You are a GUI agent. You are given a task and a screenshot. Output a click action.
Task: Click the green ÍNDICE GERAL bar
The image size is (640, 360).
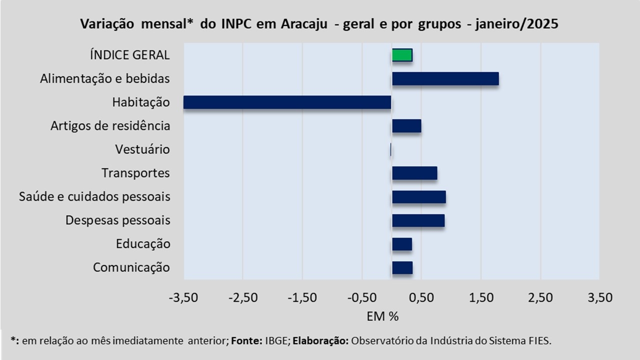tap(402, 55)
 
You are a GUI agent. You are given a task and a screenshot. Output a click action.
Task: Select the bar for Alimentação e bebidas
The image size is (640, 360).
tap(445, 78)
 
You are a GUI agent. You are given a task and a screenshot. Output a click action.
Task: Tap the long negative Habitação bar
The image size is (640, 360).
tap(287, 102)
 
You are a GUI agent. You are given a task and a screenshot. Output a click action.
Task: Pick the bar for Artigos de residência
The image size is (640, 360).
tap(406, 126)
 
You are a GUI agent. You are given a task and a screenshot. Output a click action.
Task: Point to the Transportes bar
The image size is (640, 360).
tap(414, 173)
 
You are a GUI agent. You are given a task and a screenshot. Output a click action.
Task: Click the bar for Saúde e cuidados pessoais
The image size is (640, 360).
tap(418, 197)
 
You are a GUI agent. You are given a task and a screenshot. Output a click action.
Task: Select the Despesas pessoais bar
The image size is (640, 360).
tap(418, 220)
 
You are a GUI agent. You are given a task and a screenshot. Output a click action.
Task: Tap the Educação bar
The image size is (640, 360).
tap(402, 244)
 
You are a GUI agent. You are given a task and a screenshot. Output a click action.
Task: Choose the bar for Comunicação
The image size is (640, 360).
tap(402, 267)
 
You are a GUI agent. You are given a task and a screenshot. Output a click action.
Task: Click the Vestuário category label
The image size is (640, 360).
tap(142, 149)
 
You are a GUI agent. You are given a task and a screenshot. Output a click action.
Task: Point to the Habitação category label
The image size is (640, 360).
tap(141, 102)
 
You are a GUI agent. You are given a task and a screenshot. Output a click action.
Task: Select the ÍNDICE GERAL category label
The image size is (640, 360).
tap(130, 55)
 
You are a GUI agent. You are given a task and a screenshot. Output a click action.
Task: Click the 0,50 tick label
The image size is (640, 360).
tap(421, 298)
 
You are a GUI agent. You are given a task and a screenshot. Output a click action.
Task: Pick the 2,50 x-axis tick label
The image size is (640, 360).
tap(540, 298)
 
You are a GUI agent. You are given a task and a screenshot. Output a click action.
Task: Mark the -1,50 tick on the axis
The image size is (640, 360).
tap(302, 298)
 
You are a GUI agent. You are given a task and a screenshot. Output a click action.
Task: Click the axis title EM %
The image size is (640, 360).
tap(382, 316)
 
